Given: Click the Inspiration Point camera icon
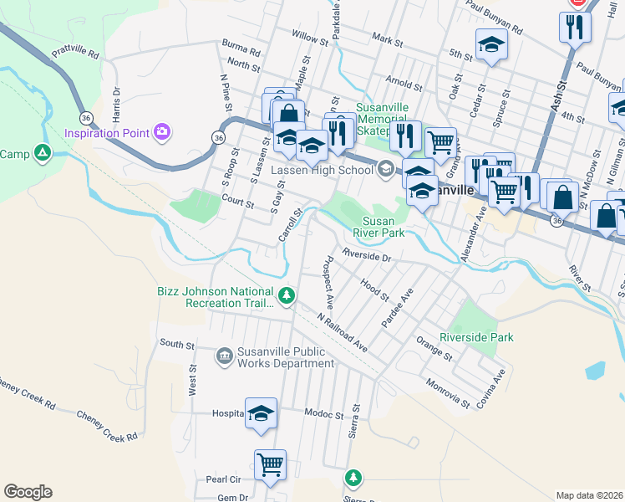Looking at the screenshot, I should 162,132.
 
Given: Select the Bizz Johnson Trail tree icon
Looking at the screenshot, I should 287,295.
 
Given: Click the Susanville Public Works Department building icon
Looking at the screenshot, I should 224,357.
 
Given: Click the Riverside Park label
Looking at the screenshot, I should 476,337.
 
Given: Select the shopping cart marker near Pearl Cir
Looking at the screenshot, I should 270,464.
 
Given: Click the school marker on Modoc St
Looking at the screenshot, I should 261,412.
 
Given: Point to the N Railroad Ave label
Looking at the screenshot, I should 343,331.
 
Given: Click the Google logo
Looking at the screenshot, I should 28,492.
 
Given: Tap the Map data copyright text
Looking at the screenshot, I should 590,495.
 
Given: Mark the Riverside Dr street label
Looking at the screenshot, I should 367,257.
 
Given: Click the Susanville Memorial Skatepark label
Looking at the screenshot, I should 385,119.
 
